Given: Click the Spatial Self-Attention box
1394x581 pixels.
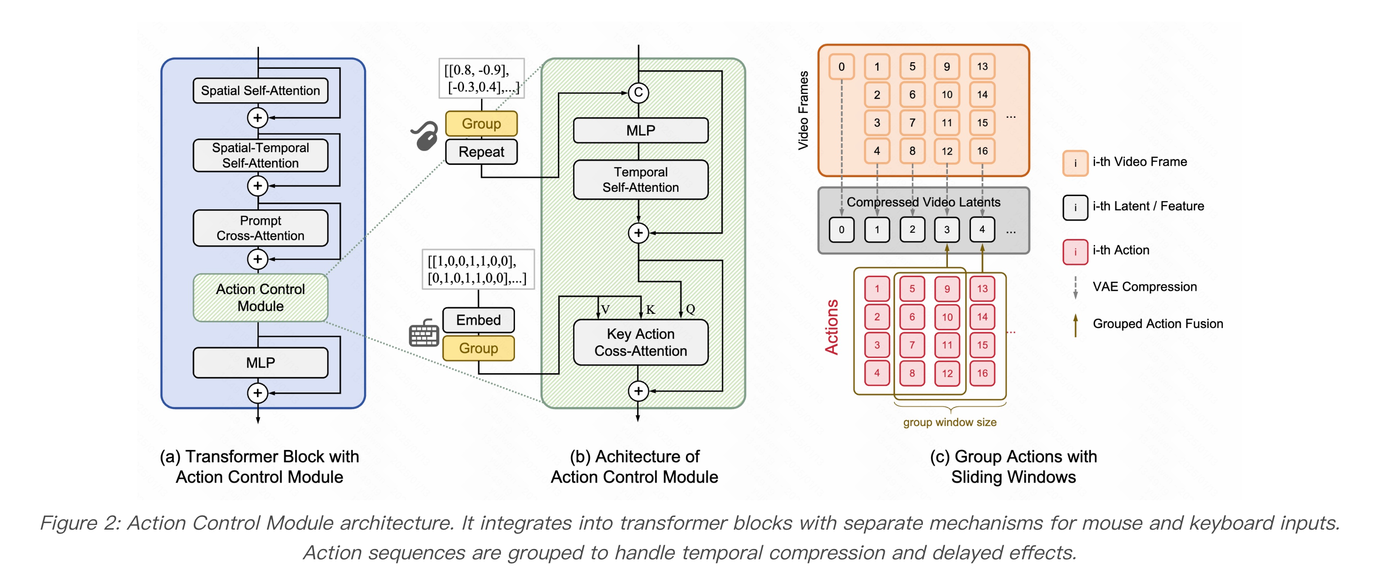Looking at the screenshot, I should tap(260, 90).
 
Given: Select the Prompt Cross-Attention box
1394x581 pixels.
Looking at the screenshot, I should tap(260, 228).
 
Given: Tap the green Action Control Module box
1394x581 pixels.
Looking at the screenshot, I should tap(260, 297).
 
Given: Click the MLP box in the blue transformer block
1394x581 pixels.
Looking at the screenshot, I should tap(260, 362).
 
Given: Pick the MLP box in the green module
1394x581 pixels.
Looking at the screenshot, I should tap(640, 131).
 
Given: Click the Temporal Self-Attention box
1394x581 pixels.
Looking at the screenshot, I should tap(640, 180).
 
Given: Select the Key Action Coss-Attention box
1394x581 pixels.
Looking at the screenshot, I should tap(640, 342).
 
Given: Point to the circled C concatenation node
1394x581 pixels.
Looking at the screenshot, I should tap(638, 92).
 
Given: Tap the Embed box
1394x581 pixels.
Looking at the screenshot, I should tap(478, 319).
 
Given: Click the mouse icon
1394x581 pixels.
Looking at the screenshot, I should tap(425, 135).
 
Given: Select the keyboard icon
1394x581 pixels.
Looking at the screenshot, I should tap(424, 333).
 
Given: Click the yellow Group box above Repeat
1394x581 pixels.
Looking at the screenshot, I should tap(481, 123).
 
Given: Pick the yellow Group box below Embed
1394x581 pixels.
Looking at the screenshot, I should tap(478, 348).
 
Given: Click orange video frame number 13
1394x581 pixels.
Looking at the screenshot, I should tap(982, 66).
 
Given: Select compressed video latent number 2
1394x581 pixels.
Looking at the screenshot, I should tap(912, 229).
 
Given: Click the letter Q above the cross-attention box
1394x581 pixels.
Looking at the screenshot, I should tap(690, 309).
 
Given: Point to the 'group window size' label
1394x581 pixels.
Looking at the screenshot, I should tap(950, 422).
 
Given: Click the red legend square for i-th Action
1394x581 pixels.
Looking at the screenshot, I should tap(1075, 252).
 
